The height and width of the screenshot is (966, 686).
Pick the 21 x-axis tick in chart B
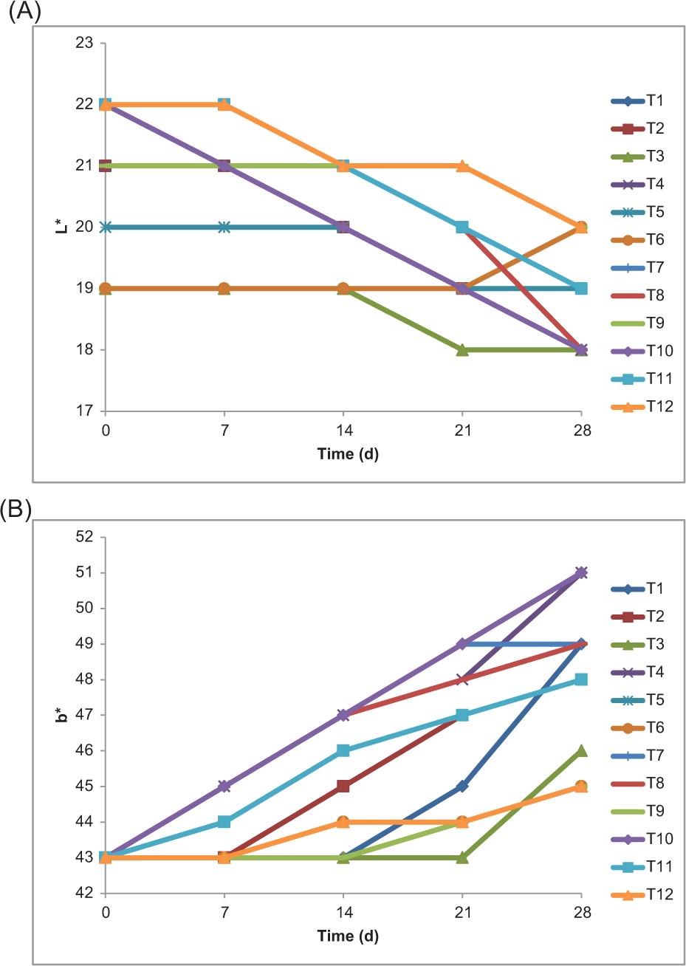[462, 914]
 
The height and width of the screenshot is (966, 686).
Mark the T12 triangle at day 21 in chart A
[462, 165]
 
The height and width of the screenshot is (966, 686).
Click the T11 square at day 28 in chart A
[581, 288]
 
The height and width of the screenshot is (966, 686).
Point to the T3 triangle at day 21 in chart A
[462, 349]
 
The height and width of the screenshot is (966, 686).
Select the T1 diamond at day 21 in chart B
[462, 786]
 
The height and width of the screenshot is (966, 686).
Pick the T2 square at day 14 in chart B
[343, 786]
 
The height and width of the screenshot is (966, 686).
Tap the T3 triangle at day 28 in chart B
[581, 750]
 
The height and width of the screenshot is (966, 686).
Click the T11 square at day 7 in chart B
[224, 821]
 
